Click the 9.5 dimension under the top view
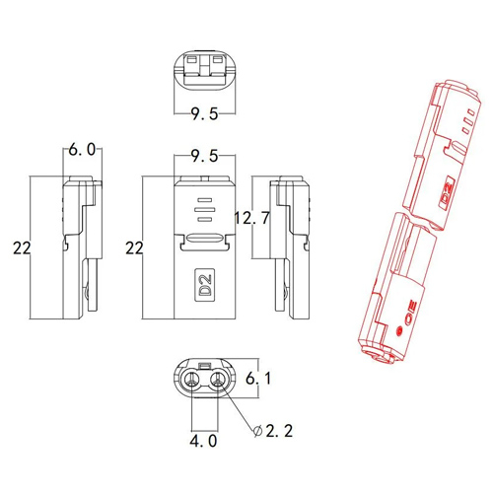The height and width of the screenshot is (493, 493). click(x=204, y=114)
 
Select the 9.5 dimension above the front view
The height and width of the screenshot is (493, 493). click(x=204, y=156)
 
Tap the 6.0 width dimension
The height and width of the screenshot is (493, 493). click(x=82, y=150)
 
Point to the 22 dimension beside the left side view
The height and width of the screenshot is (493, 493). click(x=22, y=247)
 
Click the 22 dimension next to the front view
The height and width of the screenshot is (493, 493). click(x=134, y=247)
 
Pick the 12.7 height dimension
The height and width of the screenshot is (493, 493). click(x=252, y=218)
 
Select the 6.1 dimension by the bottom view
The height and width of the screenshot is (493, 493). click(x=258, y=379)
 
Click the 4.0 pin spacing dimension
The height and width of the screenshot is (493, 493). click(x=203, y=441)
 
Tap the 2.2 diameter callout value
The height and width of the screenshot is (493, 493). click(x=279, y=431)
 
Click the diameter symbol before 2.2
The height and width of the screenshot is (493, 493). click(x=258, y=431)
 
